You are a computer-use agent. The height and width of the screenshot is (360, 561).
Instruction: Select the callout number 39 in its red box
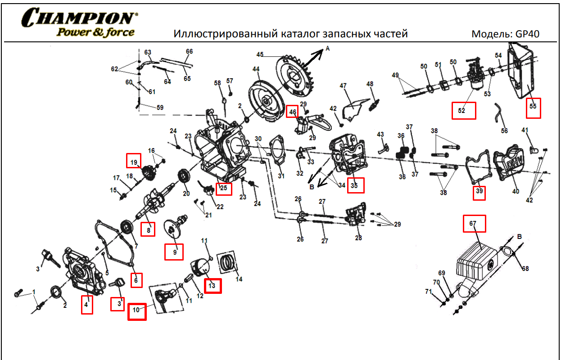[x=479, y=192]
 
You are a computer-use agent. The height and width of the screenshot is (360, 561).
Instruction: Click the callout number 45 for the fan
[x=260, y=54]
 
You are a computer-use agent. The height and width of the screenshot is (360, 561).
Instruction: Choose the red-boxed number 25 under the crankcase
[x=223, y=188]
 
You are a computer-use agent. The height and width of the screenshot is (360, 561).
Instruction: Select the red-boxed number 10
[x=137, y=310]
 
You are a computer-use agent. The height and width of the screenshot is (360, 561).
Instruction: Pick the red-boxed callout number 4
[x=87, y=305]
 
